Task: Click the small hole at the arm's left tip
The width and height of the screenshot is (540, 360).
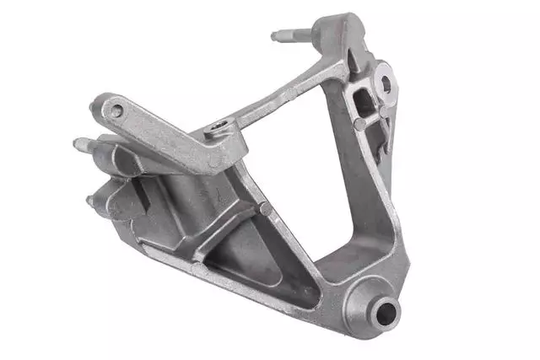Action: point(116,110)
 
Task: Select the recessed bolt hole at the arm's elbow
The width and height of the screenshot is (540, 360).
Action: point(219,129)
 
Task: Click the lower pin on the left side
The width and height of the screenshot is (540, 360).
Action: point(92,201)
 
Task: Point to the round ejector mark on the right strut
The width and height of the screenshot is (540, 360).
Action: point(360,124)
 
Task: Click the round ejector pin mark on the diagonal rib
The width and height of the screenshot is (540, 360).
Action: point(265,207)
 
